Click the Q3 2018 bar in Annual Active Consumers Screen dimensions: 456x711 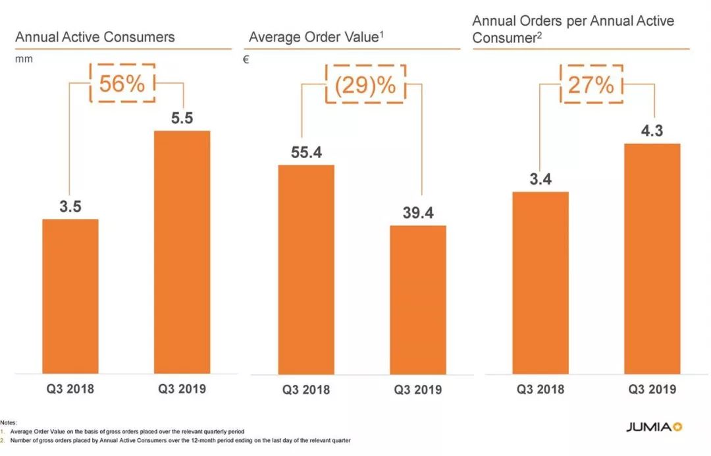click(70, 297)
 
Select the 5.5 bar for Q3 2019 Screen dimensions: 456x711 click(182, 252)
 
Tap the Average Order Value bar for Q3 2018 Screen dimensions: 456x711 click(306, 270)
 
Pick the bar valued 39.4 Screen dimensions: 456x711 click(418, 300)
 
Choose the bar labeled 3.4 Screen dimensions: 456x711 click(540, 283)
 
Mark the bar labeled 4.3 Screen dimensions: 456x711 click(652, 259)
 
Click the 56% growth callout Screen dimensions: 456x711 click(122, 84)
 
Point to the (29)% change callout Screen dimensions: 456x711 click(366, 85)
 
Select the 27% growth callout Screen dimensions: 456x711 click(591, 84)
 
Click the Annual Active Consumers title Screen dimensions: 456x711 click(95, 37)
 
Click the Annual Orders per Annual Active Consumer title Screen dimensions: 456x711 click(573, 29)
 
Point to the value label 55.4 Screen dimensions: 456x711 click(306, 153)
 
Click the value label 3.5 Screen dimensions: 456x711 click(70, 207)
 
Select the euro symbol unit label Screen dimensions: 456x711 click(246, 59)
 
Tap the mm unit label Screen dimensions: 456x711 click(24, 59)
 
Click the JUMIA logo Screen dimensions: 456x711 click(654, 427)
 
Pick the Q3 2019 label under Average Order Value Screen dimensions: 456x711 click(418, 389)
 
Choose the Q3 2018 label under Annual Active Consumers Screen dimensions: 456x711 click(70, 389)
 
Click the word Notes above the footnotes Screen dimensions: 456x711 click(9, 422)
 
